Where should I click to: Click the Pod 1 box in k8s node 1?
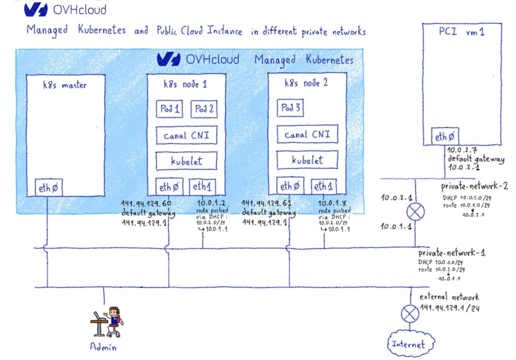click(x=169, y=109)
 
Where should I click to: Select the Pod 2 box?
click(x=204, y=109)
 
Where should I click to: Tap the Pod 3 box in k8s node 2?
click(x=290, y=108)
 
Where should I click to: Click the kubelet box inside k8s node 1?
click(x=186, y=161)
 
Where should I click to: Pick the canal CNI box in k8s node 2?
click(x=307, y=135)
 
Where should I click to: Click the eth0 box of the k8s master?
click(x=49, y=188)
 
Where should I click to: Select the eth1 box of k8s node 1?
click(x=202, y=187)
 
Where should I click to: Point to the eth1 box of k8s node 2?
click(x=323, y=186)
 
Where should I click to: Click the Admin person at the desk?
click(x=108, y=322)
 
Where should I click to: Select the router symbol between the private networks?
click(x=415, y=212)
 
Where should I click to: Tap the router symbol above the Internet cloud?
click(x=410, y=313)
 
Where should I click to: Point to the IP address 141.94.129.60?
click(x=146, y=204)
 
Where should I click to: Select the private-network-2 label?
click(x=474, y=186)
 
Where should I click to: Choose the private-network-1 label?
click(x=452, y=253)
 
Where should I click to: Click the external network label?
click(x=449, y=297)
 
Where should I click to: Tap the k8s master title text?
click(x=65, y=85)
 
